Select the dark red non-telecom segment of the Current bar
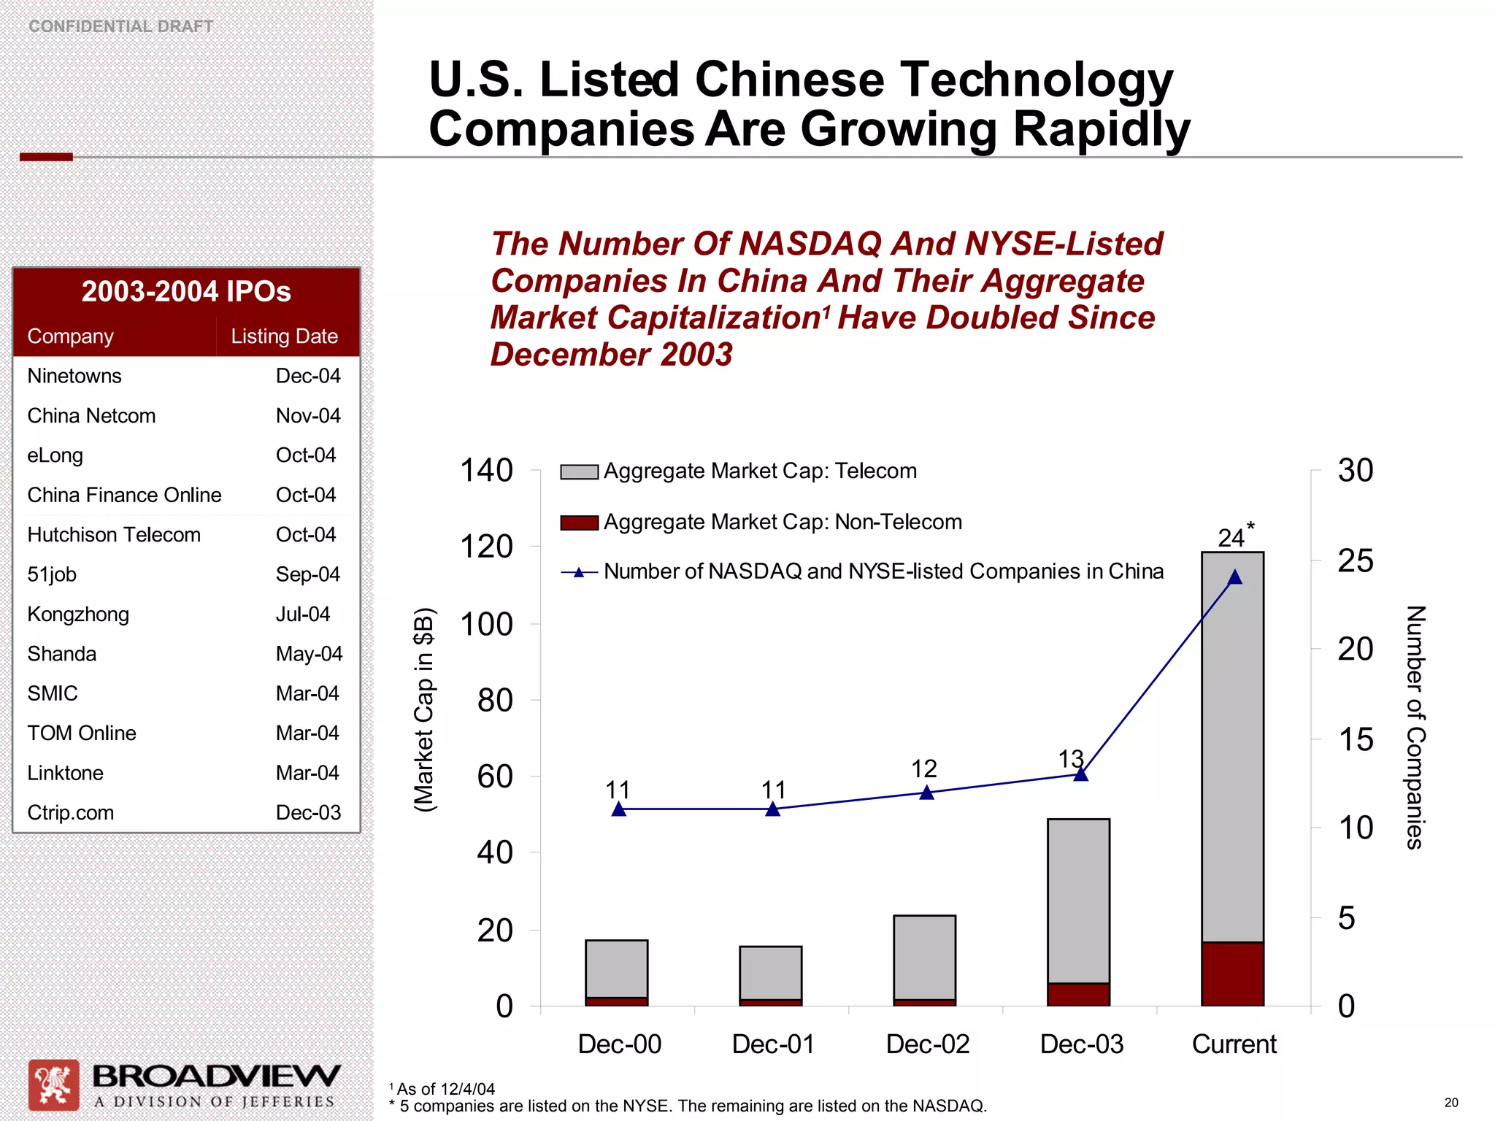[x=1232, y=974]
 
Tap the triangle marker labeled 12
[x=926, y=793]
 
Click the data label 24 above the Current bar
[x=1231, y=538]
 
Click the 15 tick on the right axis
[x=1356, y=740]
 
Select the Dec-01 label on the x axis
[x=773, y=1044]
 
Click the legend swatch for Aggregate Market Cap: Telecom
[x=579, y=471]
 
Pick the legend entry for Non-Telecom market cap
[x=782, y=522]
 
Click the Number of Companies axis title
[x=1415, y=727]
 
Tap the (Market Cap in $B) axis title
[x=424, y=709]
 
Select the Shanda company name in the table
[x=62, y=653]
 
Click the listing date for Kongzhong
[x=302, y=614]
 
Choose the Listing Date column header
[x=284, y=336]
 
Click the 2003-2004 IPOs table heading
[x=186, y=292]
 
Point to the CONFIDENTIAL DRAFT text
[x=120, y=26]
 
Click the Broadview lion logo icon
[x=53, y=1085]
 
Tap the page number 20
[x=1451, y=1103]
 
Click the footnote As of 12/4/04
[x=445, y=1089]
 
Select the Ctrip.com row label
[x=71, y=812]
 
